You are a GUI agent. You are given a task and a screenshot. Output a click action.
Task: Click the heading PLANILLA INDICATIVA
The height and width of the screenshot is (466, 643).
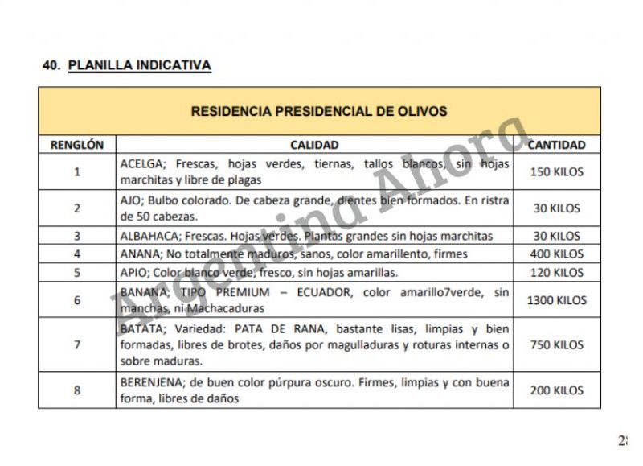[x=139, y=65]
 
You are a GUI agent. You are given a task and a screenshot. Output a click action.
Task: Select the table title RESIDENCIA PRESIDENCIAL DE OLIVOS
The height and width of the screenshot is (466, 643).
[x=319, y=111]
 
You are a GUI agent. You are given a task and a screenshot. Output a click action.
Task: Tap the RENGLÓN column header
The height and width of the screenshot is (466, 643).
[x=77, y=146]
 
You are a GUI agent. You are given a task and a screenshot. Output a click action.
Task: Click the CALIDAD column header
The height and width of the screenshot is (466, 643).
[x=314, y=146]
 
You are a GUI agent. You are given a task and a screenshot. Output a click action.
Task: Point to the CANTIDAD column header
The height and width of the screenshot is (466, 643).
[x=556, y=146]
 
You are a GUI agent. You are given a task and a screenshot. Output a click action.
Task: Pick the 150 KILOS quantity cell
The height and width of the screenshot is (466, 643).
[x=556, y=171]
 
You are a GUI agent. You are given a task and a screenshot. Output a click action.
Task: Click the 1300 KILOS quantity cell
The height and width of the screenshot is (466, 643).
[x=556, y=300]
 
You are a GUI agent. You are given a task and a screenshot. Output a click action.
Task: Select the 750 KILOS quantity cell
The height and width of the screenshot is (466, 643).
[x=556, y=344]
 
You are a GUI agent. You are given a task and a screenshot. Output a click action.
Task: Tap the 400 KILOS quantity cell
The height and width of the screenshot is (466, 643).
[x=556, y=254]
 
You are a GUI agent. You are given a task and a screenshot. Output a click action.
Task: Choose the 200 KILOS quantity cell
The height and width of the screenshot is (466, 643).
[x=556, y=390]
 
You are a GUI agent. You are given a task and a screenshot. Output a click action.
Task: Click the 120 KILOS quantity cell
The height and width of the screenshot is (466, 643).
[x=556, y=273]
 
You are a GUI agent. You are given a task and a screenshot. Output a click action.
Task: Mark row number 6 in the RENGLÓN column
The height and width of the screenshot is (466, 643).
[x=77, y=300]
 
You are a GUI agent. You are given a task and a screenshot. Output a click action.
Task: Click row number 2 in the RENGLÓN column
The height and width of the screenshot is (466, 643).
[x=77, y=208]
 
